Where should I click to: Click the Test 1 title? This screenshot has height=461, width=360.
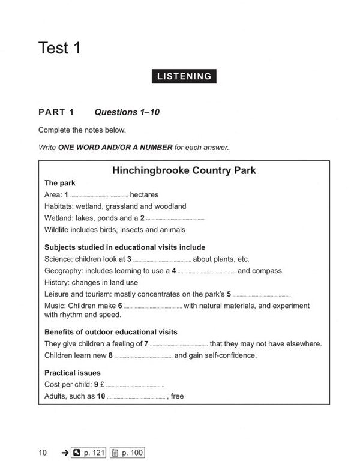59,47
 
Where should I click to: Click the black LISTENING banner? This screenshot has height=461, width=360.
184,76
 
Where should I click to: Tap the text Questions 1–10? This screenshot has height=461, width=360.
127,112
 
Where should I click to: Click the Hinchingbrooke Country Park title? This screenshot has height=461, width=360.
184,170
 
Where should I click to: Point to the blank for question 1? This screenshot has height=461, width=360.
100,196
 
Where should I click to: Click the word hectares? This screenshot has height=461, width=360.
144,194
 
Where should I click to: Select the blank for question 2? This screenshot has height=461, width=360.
175,220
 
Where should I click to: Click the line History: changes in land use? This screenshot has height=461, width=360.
91,282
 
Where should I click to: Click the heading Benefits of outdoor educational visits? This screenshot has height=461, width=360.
111,332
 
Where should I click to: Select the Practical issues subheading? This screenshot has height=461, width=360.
73,373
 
